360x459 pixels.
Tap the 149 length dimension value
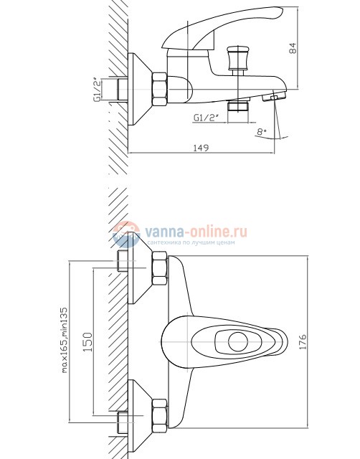(201, 148)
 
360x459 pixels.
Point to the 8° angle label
(261, 131)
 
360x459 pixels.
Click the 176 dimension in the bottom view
(303, 341)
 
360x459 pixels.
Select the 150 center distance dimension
(88, 341)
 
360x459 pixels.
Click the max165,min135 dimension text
(65, 339)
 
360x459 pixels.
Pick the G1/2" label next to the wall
(98, 90)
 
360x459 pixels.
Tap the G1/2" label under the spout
(206, 118)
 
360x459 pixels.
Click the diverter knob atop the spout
(237, 60)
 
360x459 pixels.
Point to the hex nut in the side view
(160, 89)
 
